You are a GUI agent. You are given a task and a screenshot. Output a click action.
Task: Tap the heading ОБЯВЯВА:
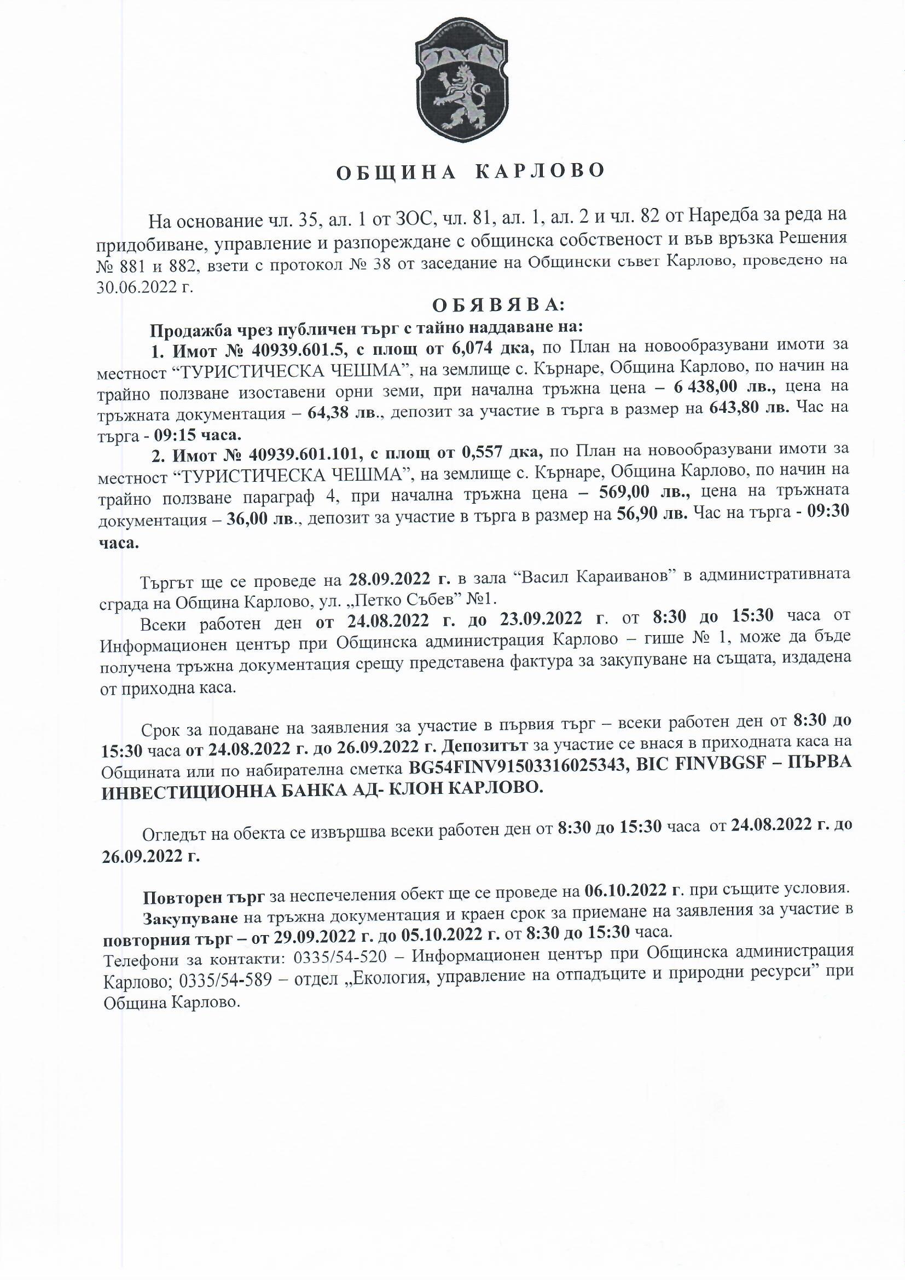point(498,305)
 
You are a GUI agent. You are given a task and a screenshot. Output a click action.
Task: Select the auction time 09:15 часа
point(200,434)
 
